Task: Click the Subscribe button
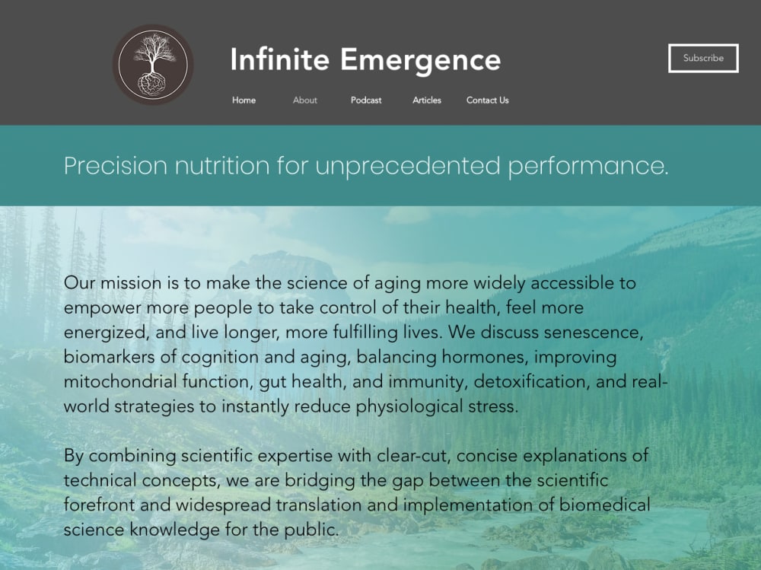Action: (703, 58)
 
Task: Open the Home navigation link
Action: (244, 100)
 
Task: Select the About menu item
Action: (305, 100)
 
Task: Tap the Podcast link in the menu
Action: (366, 100)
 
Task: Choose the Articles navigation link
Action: (427, 100)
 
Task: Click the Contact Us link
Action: (488, 100)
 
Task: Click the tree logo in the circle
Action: (153, 65)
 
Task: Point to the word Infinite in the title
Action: (280, 59)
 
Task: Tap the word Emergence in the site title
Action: (420, 59)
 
